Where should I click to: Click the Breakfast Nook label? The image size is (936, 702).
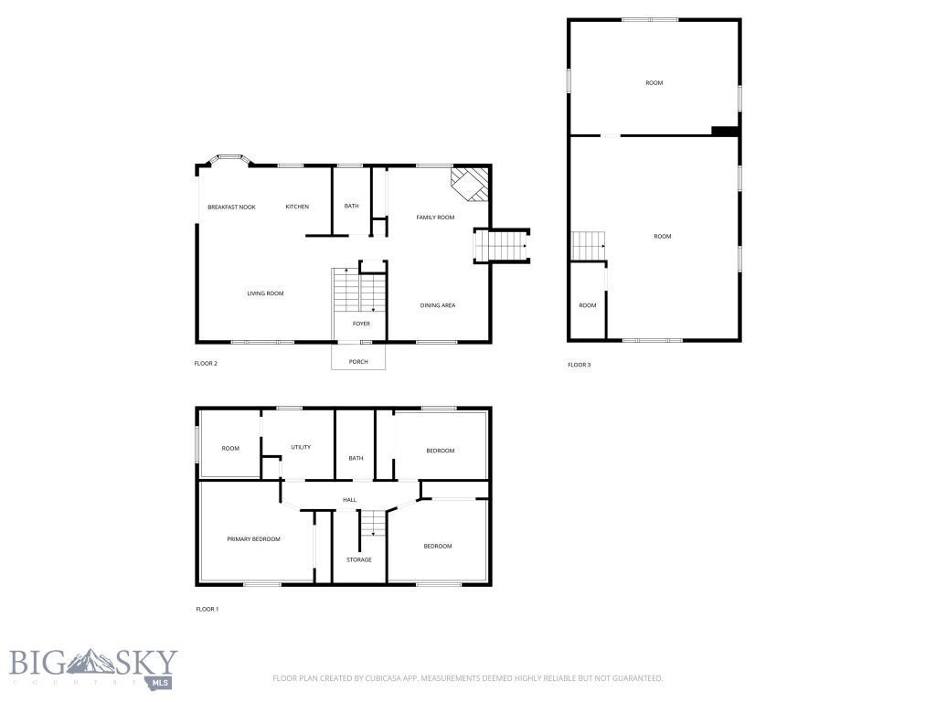231,207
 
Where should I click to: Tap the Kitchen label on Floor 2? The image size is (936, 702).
297,207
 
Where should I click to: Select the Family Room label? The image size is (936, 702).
435,218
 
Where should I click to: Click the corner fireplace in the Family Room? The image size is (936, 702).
473,183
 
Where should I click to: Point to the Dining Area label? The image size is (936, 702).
438,305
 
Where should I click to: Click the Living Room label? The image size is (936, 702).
265,293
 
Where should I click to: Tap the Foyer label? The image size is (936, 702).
361,324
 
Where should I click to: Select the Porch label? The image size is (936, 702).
358,362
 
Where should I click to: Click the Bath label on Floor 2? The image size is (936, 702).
351,207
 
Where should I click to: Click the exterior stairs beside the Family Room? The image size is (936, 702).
503,245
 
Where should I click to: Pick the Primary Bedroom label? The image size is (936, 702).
253,539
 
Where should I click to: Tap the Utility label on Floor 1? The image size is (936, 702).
301,447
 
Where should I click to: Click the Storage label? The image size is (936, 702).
358,559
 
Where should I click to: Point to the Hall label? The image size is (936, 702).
349,500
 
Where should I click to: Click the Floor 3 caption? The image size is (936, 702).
579,365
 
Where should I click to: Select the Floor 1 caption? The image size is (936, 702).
207,609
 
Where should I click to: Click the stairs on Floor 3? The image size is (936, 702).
589,245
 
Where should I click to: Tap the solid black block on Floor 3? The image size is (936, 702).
725,132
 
